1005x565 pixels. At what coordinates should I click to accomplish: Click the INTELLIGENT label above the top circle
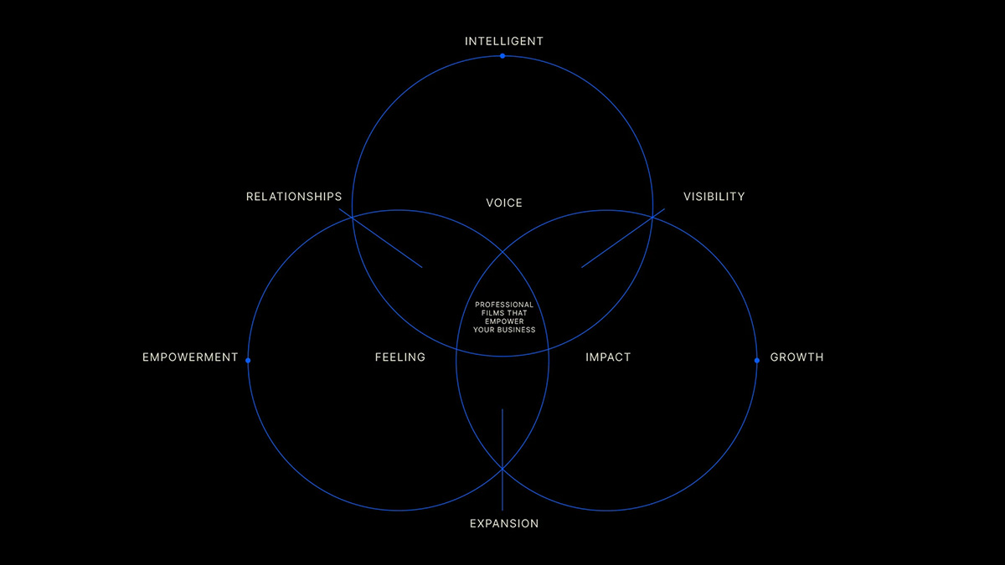click(503, 41)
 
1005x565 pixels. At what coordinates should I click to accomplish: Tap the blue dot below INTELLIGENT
click(502, 56)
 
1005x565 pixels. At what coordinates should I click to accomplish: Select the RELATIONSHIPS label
click(294, 197)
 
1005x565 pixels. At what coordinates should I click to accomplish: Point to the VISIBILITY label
click(714, 197)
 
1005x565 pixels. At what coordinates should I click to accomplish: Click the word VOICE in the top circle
click(504, 203)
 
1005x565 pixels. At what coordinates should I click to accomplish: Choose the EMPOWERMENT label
click(190, 357)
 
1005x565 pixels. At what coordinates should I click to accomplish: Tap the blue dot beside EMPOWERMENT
click(248, 360)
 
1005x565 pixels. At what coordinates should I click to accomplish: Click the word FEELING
click(400, 357)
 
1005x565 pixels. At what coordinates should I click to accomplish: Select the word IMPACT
click(608, 357)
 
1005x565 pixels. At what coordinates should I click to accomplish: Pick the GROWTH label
click(796, 357)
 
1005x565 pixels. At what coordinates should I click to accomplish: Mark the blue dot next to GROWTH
click(757, 360)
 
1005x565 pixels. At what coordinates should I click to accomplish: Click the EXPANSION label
click(504, 524)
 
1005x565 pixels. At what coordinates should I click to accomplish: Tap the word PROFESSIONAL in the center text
click(504, 305)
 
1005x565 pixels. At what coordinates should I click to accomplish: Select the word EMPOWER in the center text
click(504, 321)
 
